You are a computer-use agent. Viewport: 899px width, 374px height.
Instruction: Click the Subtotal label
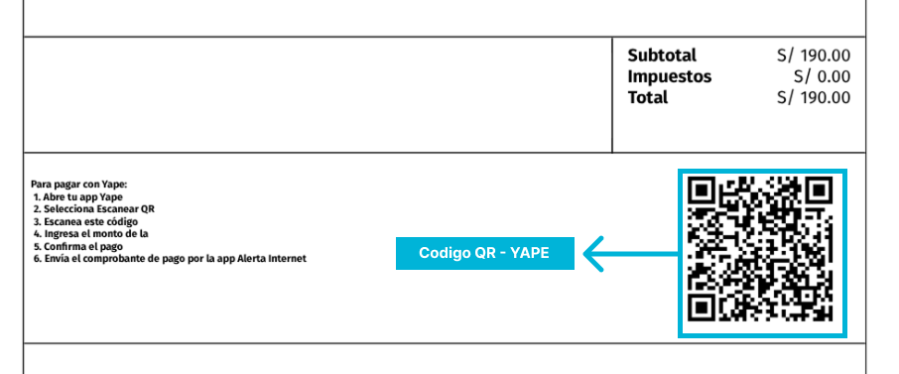pyautogui.click(x=662, y=56)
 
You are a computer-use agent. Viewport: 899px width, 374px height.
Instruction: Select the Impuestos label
pyautogui.click(x=669, y=76)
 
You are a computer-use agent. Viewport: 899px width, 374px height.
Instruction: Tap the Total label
pyautogui.click(x=647, y=97)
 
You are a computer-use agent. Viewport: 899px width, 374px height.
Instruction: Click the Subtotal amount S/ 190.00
pyautogui.click(x=814, y=56)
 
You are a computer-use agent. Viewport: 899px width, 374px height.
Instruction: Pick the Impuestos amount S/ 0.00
pyautogui.click(x=822, y=76)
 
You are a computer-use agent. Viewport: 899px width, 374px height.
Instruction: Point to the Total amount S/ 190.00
pyautogui.click(x=814, y=97)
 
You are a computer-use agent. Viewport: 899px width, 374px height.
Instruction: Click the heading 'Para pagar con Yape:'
pyautogui.click(x=79, y=184)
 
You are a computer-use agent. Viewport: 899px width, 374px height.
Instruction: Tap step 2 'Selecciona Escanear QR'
pyautogui.click(x=94, y=209)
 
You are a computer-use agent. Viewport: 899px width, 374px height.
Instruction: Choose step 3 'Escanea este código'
pyautogui.click(x=88, y=221)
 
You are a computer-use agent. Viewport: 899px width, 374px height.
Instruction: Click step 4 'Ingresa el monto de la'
pyautogui.click(x=91, y=234)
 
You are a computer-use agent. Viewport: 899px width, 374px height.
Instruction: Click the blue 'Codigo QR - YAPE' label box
pyautogui.click(x=484, y=253)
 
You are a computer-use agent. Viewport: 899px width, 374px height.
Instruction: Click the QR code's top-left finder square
pyautogui.click(x=704, y=189)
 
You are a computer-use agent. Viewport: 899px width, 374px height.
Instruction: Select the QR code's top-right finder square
pyautogui.click(x=819, y=189)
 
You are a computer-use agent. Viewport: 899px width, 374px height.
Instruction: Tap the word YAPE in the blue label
pyautogui.click(x=530, y=253)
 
